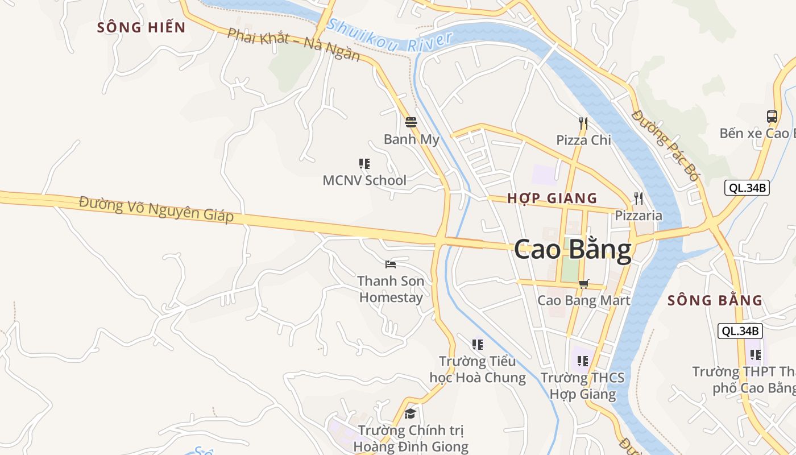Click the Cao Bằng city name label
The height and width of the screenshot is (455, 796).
[x=573, y=250]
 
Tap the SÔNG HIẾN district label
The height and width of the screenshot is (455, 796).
[x=142, y=27]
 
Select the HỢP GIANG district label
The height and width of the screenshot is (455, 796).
[x=552, y=198]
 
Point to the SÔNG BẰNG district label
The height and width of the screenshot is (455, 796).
[x=715, y=300]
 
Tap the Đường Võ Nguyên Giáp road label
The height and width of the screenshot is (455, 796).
[x=156, y=209]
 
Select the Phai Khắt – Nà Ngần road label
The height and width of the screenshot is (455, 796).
[x=293, y=44]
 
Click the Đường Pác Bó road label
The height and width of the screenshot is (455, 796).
[x=664, y=145]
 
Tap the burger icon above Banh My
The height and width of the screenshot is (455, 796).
[x=411, y=122]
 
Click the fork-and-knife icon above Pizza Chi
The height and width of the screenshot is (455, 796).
[x=583, y=123]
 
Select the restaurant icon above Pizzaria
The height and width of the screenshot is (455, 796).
[x=639, y=198]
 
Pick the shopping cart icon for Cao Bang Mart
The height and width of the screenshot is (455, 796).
[x=583, y=283]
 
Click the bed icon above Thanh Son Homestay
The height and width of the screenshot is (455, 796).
[x=391, y=264]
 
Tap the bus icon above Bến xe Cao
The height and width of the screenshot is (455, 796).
[x=772, y=116]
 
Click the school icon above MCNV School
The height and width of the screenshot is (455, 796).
[x=364, y=164]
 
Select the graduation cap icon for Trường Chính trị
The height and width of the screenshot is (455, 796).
[x=410, y=413]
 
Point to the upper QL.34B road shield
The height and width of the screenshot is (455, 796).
[x=747, y=188]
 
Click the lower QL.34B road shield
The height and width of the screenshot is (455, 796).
[x=740, y=331]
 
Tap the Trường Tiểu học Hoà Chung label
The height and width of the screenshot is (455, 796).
[x=478, y=369]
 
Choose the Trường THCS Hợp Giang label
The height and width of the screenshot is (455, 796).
[x=582, y=386]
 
